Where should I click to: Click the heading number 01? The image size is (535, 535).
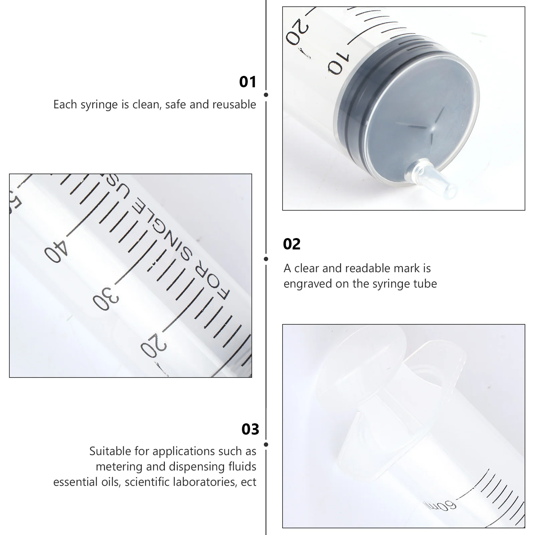248,82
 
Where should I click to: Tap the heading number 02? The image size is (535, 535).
292,244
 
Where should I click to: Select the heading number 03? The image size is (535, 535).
250,429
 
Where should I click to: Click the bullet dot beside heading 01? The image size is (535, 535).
266,95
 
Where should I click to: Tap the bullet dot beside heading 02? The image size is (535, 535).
266,259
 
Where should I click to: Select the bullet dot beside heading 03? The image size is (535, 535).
266,444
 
